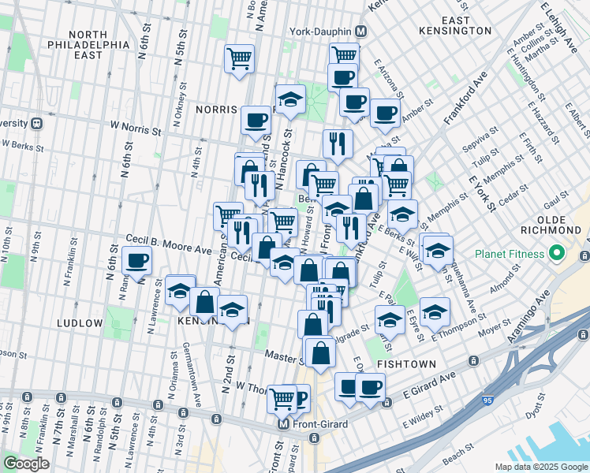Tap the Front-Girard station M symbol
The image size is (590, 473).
(284, 423)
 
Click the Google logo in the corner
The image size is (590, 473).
(26, 464)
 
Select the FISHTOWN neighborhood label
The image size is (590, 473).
(402, 364)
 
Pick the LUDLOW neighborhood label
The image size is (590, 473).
(79, 323)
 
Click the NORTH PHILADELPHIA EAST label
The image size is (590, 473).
(98, 45)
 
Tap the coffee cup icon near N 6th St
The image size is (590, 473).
(137, 260)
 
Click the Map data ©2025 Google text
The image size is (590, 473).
(540, 467)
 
